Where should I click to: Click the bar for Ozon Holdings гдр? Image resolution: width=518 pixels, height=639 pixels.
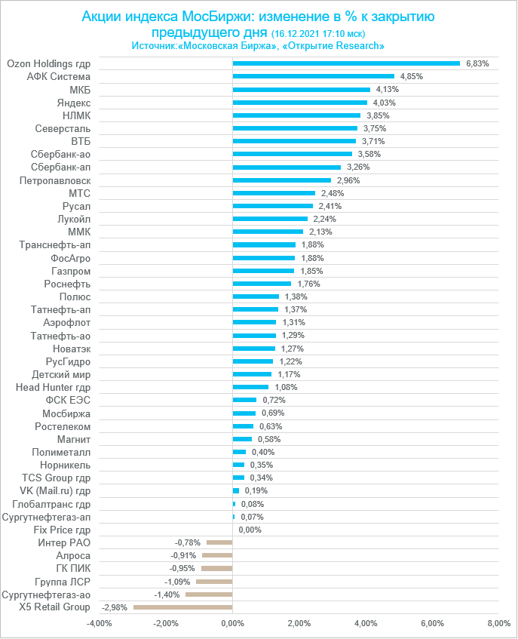click(346, 63)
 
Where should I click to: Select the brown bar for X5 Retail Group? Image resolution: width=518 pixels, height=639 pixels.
click(183, 607)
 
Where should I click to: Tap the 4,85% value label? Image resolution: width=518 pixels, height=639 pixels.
click(412, 77)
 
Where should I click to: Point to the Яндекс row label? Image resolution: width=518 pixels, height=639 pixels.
click(74, 103)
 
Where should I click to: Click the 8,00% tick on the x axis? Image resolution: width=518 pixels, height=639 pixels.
click(498, 624)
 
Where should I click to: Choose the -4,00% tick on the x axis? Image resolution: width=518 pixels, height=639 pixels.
click(99, 624)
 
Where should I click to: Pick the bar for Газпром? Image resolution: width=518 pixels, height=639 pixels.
click(263, 271)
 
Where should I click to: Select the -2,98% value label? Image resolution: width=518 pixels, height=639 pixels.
click(115, 607)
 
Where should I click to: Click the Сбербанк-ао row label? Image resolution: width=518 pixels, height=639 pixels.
click(61, 154)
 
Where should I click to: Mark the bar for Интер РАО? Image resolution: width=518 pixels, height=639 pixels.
click(219, 542)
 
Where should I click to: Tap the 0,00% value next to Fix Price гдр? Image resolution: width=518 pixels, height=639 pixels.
click(250, 530)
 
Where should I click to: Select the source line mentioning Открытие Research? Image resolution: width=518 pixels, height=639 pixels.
click(258, 46)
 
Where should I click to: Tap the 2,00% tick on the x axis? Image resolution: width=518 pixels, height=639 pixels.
click(299, 624)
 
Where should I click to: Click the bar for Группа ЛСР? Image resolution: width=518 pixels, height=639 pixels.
click(214, 582)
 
